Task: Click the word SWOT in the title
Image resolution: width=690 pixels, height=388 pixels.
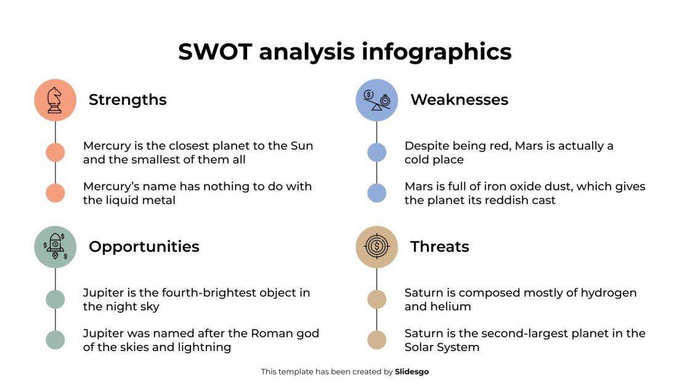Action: [215, 52]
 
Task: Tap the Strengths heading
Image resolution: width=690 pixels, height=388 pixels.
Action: [128, 100]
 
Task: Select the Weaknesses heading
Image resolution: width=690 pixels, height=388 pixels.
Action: [459, 100]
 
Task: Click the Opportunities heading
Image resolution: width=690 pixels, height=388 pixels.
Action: [144, 247]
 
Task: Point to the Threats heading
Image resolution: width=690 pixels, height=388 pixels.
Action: [439, 247]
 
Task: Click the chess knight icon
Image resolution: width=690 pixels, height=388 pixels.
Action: [55, 100]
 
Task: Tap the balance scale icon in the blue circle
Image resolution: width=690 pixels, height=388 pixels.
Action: [377, 100]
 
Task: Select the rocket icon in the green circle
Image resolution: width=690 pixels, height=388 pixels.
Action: [55, 246]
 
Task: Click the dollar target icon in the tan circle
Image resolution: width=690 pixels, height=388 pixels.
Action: [377, 246]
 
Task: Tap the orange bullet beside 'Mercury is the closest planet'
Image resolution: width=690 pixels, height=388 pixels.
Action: [55, 152]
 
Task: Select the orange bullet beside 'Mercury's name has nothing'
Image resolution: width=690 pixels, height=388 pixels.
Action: [55, 193]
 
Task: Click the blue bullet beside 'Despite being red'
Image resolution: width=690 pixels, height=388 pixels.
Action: [377, 152]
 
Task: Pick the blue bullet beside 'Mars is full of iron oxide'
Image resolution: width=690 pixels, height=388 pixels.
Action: [377, 193]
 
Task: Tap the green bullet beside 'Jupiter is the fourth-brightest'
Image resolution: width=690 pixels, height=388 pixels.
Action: [55, 299]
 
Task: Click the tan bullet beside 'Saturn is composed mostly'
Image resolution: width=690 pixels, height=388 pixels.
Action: [377, 299]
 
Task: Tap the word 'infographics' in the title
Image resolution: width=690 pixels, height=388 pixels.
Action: [436, 52]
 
